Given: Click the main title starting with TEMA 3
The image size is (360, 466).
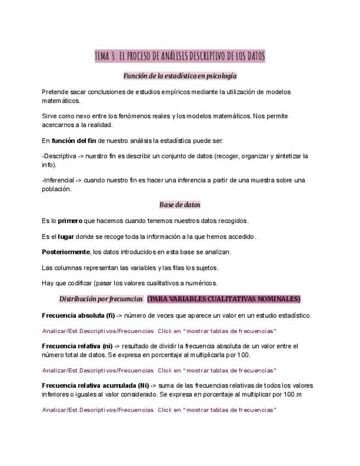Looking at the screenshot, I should coord(180,56).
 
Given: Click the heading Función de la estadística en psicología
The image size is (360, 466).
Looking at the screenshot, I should coord(180,76).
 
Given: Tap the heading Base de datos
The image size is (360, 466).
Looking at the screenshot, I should coord(180,205).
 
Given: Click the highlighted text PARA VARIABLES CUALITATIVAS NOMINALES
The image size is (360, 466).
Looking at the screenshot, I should coord(224,299).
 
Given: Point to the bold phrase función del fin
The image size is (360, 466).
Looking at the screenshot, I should coord(74,141).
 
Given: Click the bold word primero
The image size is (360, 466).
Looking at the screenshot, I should coord(70,221).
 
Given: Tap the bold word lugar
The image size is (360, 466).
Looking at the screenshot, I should coord(66,237).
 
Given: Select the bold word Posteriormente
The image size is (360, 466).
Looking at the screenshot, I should coord(65,252).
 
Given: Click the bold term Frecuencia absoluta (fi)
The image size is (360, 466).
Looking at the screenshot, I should coord(78,315).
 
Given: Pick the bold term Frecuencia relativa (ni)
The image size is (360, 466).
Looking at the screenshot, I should coord(77,346).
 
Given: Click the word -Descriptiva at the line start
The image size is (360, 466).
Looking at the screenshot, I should coord(58,156).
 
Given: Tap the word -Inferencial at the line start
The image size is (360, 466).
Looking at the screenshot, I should coord(58,180).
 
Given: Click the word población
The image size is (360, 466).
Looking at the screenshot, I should coord(57,189).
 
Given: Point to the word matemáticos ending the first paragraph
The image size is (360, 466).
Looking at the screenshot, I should coord(61,101).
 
